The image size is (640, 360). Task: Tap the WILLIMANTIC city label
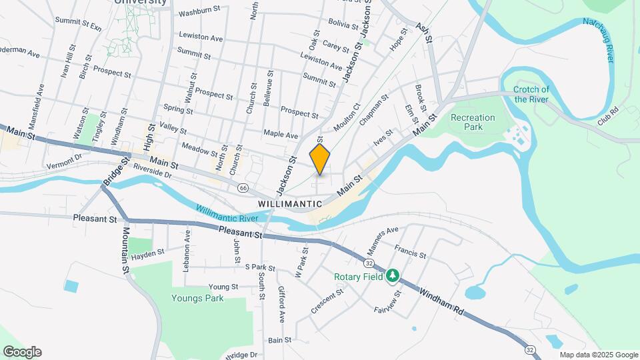(289, 203)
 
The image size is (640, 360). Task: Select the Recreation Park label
(473, 122)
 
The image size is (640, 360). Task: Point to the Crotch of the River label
(531, 95)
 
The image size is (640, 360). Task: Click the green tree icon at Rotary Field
(393, 275)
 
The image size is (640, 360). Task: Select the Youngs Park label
(197, 298)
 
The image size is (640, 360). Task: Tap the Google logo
(22, 352)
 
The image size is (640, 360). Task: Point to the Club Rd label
(608, 117)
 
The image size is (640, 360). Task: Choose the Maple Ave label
(281, 135)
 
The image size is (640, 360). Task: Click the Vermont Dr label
(63, 160)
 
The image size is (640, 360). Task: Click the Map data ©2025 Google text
(598, 355)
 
